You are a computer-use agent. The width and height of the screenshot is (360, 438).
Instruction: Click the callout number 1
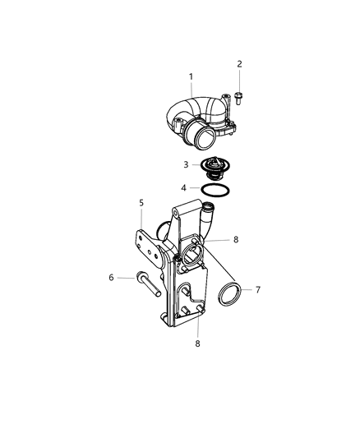191,77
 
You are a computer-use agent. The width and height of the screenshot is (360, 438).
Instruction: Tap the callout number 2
240,63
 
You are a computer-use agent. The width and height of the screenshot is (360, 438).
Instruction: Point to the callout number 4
185,188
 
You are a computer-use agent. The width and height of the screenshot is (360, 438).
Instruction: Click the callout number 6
111,278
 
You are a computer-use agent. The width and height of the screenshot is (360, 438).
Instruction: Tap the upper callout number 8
235,240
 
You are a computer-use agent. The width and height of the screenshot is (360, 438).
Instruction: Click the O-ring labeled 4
215,191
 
